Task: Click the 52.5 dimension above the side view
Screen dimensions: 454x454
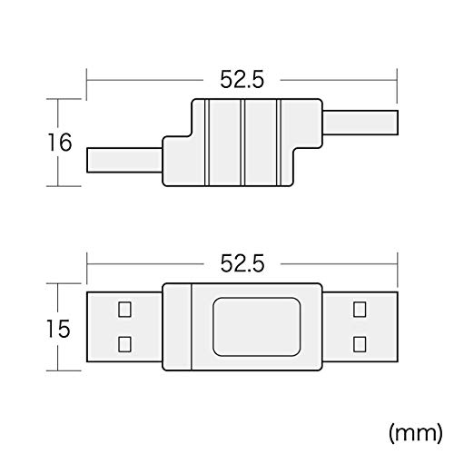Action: point(242,80)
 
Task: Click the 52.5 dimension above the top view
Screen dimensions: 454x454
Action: point(242,263)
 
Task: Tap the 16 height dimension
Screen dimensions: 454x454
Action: point(60,143)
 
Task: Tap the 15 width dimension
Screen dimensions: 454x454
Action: point(58,329)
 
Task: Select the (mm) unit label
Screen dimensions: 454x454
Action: point(415,433)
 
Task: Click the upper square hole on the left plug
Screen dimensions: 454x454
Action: point(124,310)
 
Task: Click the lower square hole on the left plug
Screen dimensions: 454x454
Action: point(124,344)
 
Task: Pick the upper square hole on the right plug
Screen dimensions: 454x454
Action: point(360,310)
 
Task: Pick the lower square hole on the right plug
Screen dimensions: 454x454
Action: point(360,344)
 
